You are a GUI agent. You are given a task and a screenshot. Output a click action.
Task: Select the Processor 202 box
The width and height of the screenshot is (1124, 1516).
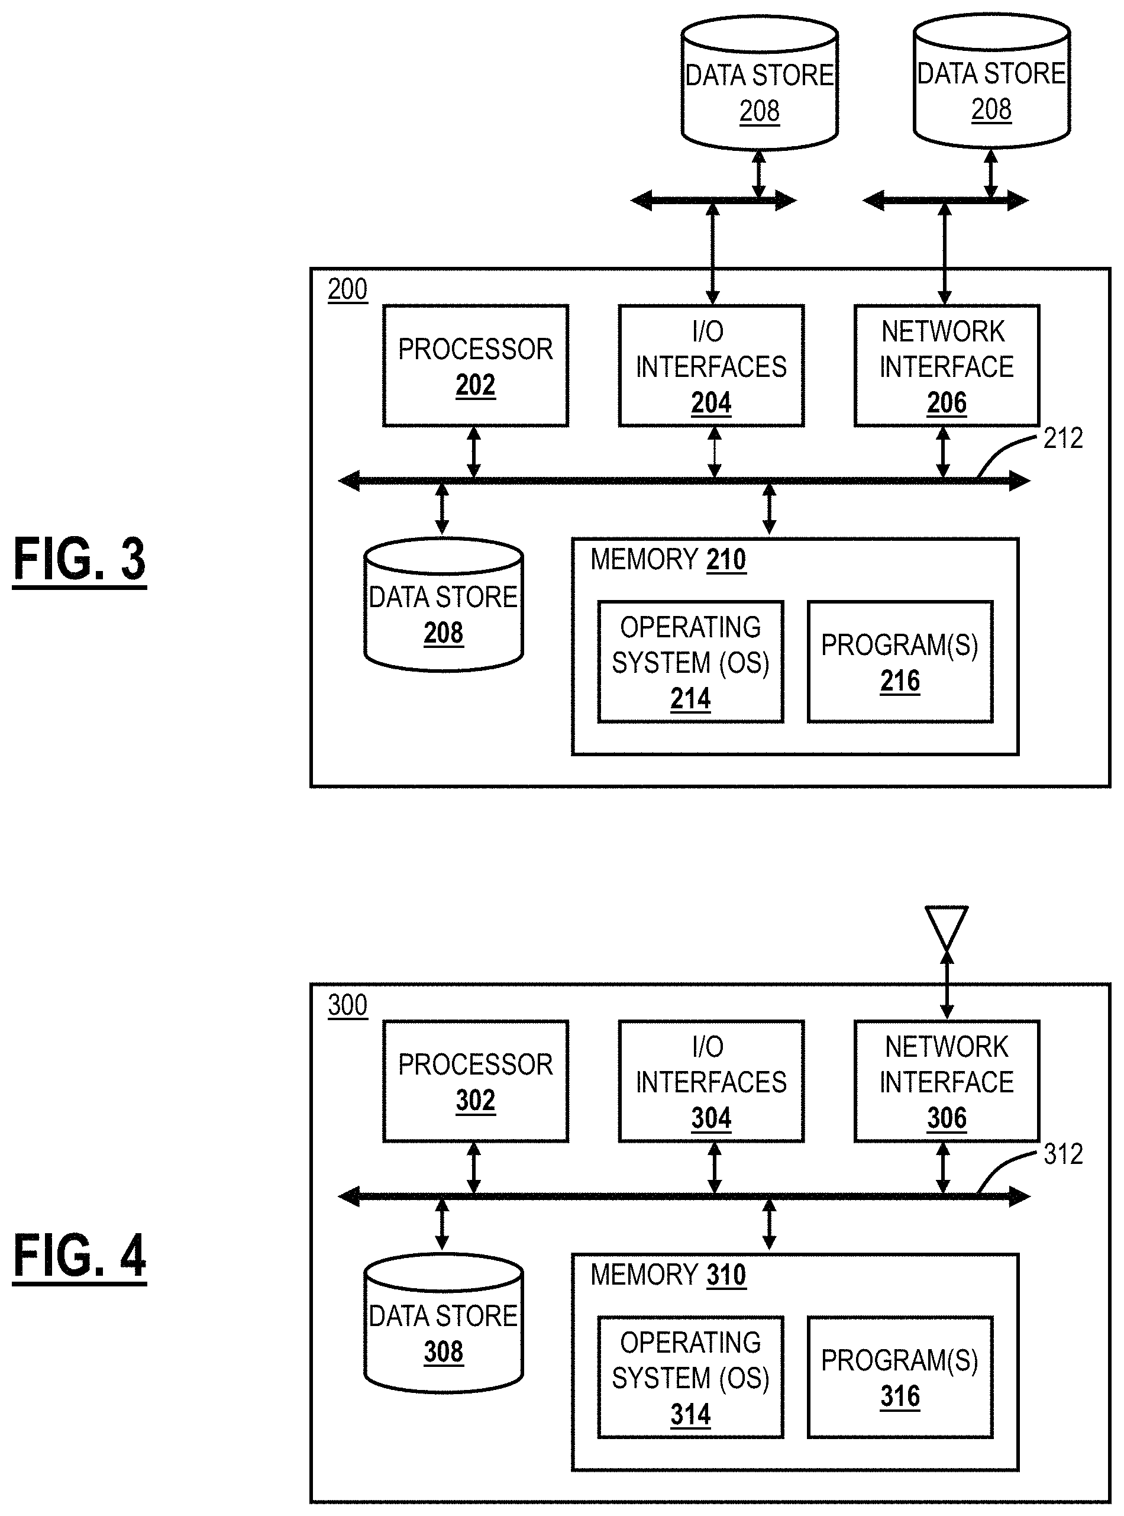[475, 366]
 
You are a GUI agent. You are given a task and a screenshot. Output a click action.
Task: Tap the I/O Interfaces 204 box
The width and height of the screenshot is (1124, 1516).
[711, 366]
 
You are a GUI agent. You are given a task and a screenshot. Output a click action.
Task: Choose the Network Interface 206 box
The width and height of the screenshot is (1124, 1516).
[947, 366]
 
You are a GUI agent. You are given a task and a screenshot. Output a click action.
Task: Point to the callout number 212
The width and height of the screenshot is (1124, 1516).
[1062, 439]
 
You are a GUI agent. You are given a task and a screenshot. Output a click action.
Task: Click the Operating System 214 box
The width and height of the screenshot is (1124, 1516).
[690, 662]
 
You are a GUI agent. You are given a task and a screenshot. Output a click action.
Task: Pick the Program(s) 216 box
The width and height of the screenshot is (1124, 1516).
[899, 662]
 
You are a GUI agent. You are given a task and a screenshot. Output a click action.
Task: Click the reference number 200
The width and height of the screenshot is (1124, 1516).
[347, 289]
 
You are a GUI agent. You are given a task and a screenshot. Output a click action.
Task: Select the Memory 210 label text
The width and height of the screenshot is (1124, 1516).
[668, 559]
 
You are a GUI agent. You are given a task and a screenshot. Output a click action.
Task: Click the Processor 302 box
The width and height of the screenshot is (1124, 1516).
[475, 1081]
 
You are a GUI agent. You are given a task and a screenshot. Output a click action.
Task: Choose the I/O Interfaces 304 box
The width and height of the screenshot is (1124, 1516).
[711, 1081]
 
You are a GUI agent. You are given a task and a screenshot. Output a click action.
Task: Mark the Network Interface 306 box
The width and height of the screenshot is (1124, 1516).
[947, 1081]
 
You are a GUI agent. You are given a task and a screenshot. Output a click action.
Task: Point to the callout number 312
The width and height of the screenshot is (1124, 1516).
[1062, 1154]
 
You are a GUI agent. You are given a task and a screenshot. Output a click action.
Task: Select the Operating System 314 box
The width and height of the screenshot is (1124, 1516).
[690, 1377]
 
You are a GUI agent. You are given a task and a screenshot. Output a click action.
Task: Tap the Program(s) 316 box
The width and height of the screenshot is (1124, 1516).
[899, 1377]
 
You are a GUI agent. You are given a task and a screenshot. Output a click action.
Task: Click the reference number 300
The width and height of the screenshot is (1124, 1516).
[347, 1005]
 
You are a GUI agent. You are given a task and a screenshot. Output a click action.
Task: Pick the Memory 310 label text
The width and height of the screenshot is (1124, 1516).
[668, 1275]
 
